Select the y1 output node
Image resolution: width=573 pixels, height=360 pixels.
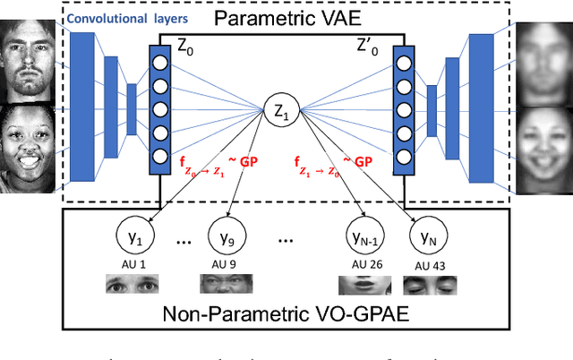point(134,239)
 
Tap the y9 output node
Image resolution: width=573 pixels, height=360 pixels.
point(223,239)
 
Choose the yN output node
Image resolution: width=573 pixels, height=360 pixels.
point(426,239)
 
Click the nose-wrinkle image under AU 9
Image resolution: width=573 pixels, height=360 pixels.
point(224,286)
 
